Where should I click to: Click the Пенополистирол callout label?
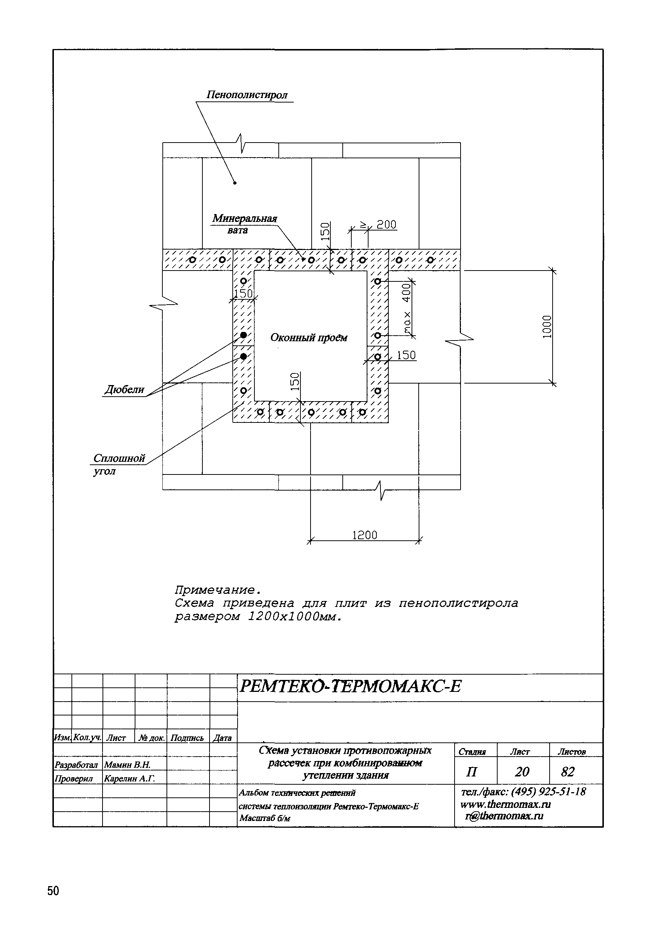point(247,95)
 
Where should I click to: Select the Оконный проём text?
point(308,338)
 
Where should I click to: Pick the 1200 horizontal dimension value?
point(364,535)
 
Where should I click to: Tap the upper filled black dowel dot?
point(243,335)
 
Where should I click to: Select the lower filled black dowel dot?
point(243,357)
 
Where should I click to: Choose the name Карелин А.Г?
point(129,778)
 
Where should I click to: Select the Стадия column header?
point(472,752)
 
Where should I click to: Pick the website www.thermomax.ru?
point(505,804)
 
